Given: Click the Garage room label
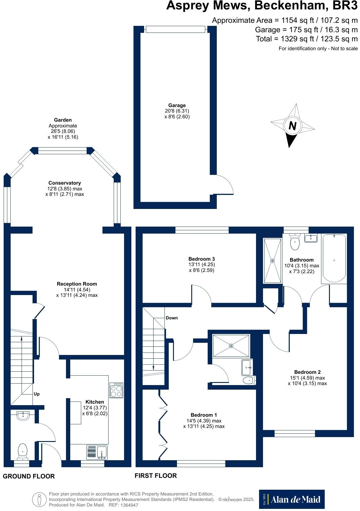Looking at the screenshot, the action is point(177,105).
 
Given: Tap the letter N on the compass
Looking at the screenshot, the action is point(292,125).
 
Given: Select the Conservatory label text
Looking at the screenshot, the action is point(64,183).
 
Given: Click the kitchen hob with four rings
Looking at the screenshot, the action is point(116,390).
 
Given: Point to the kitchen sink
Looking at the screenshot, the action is point(97,452).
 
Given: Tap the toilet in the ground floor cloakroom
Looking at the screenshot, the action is point(22,451).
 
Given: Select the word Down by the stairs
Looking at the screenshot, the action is point(172,318).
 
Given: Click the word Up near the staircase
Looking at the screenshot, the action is point(36,394).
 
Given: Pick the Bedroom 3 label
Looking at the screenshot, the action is point(202,259).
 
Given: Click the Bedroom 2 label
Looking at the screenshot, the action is point(307,372).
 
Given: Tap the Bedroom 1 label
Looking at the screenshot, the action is point(204,415).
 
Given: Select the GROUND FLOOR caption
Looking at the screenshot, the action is point(29,476).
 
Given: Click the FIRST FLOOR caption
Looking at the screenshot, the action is point(156,476).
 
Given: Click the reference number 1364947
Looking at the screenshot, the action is point(129,505).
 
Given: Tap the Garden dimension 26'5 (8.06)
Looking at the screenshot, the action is point(63,131).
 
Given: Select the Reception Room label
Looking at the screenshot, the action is point(77,284).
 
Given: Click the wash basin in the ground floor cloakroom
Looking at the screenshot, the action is point(23,415).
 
